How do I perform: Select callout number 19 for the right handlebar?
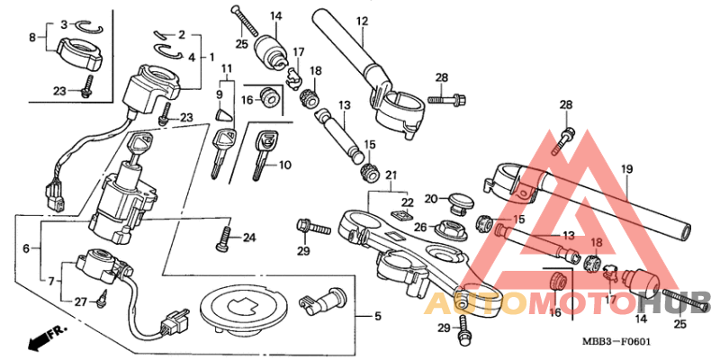pos(626,168)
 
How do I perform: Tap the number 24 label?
pos(249,238)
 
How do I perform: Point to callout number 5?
pos(364,316)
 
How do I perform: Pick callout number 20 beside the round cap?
pos(431,198)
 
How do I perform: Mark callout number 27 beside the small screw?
pos(80,302)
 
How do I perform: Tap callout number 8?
pos(32,38)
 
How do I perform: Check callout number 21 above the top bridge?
pos(390,174)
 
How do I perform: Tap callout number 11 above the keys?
pos(225,68)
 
